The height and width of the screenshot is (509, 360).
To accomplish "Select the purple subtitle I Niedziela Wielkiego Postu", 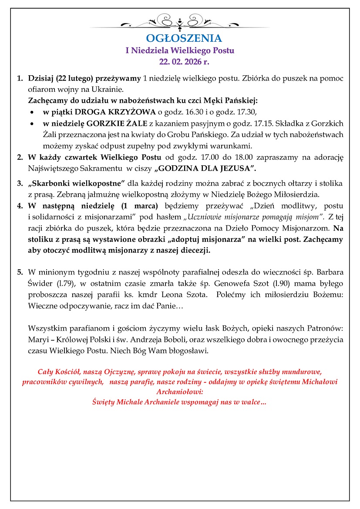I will [180, 50].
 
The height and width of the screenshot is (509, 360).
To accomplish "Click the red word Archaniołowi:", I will [179, 391].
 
